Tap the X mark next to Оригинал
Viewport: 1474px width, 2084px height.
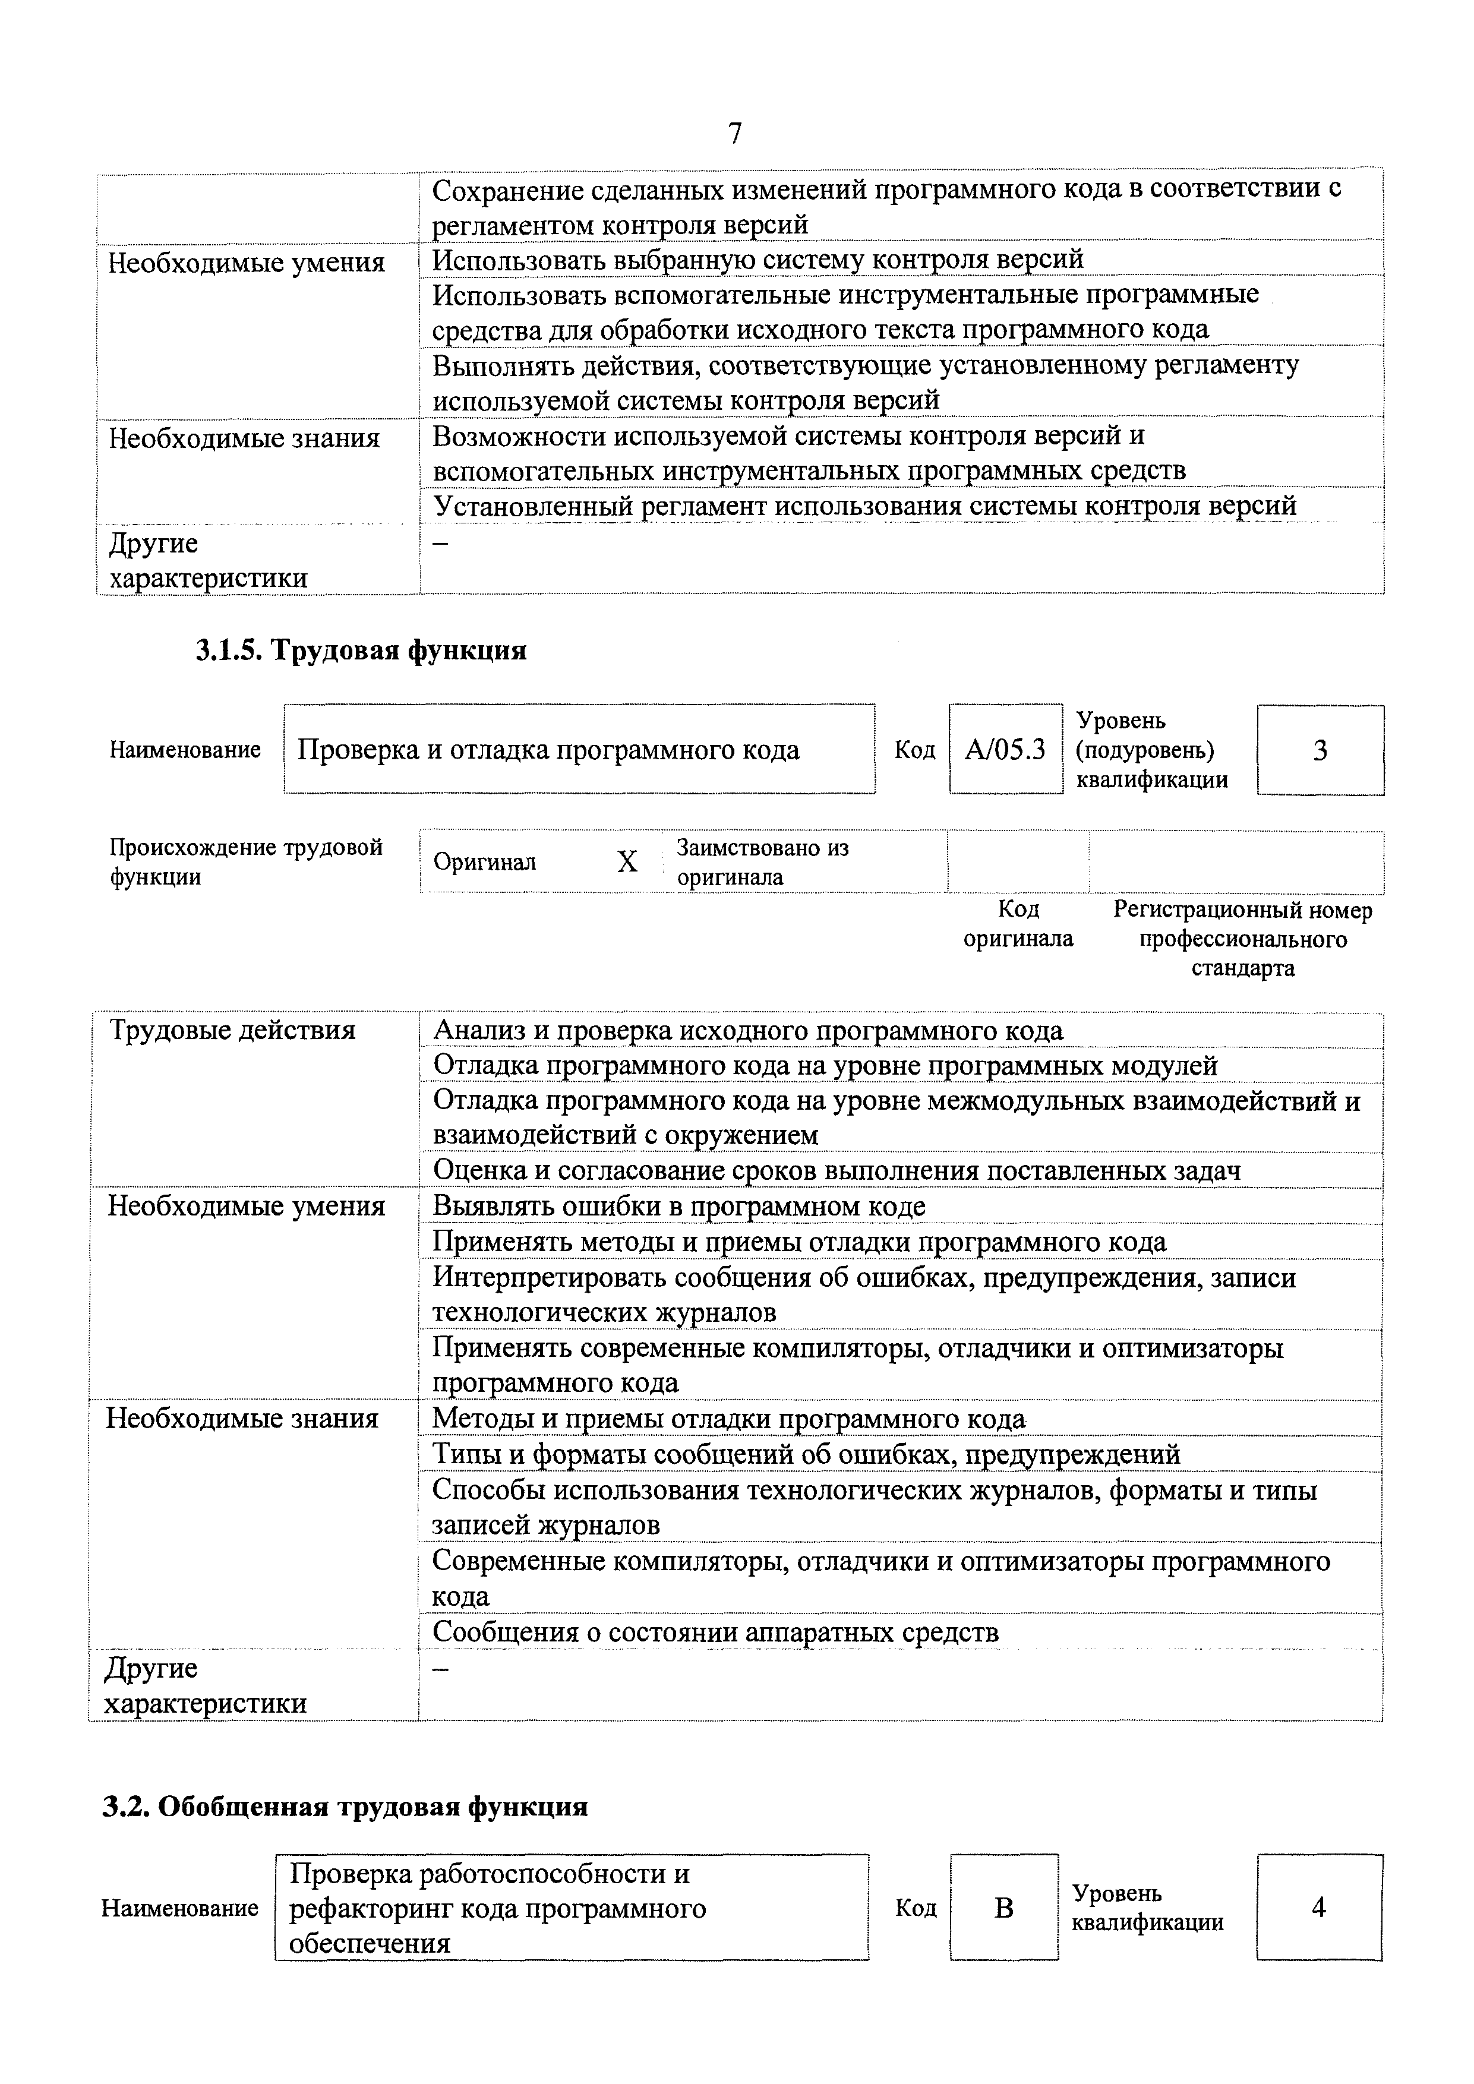click(627, 861)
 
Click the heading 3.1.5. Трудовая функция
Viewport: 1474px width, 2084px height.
click(361, 651)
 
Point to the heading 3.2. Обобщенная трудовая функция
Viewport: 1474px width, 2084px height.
click(345, 1806)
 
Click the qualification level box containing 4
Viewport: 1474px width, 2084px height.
click(1319, 1908)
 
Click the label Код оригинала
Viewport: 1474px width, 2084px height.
click(1018, 923)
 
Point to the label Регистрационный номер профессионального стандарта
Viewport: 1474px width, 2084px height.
click(1242, 939)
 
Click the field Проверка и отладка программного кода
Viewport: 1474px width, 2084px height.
click(548, 750)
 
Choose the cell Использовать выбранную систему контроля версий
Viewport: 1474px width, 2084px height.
click(758, 260)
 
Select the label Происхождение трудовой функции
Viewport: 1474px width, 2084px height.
click(245, 861)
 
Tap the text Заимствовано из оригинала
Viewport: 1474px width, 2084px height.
click(762, 861)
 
